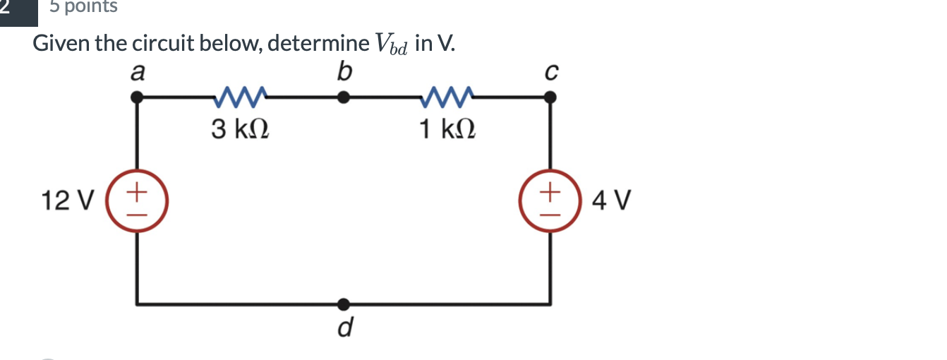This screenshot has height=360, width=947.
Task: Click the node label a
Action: point(139,73)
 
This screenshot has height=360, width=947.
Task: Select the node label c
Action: point(553,73)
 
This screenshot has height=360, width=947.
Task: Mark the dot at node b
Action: point(344,99)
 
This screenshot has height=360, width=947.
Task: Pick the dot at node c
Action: point(552,100)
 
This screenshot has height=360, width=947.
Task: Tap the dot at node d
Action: point(344,304)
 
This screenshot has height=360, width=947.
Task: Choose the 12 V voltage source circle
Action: point(137,201)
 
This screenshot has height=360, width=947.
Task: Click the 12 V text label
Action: point(67,202)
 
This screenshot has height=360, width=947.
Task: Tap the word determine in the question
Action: point(318,44)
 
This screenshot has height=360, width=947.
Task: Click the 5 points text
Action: point(84,7)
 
